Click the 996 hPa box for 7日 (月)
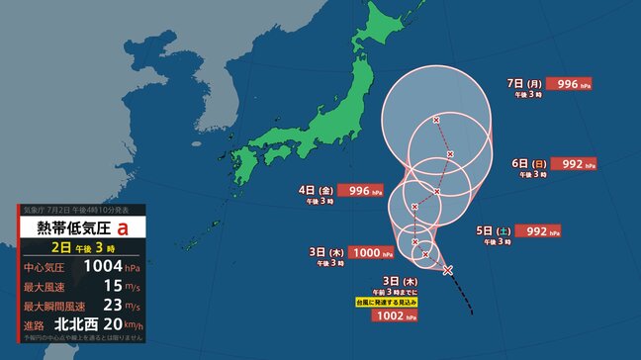568,84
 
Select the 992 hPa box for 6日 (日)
573,164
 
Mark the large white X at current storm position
447,270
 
